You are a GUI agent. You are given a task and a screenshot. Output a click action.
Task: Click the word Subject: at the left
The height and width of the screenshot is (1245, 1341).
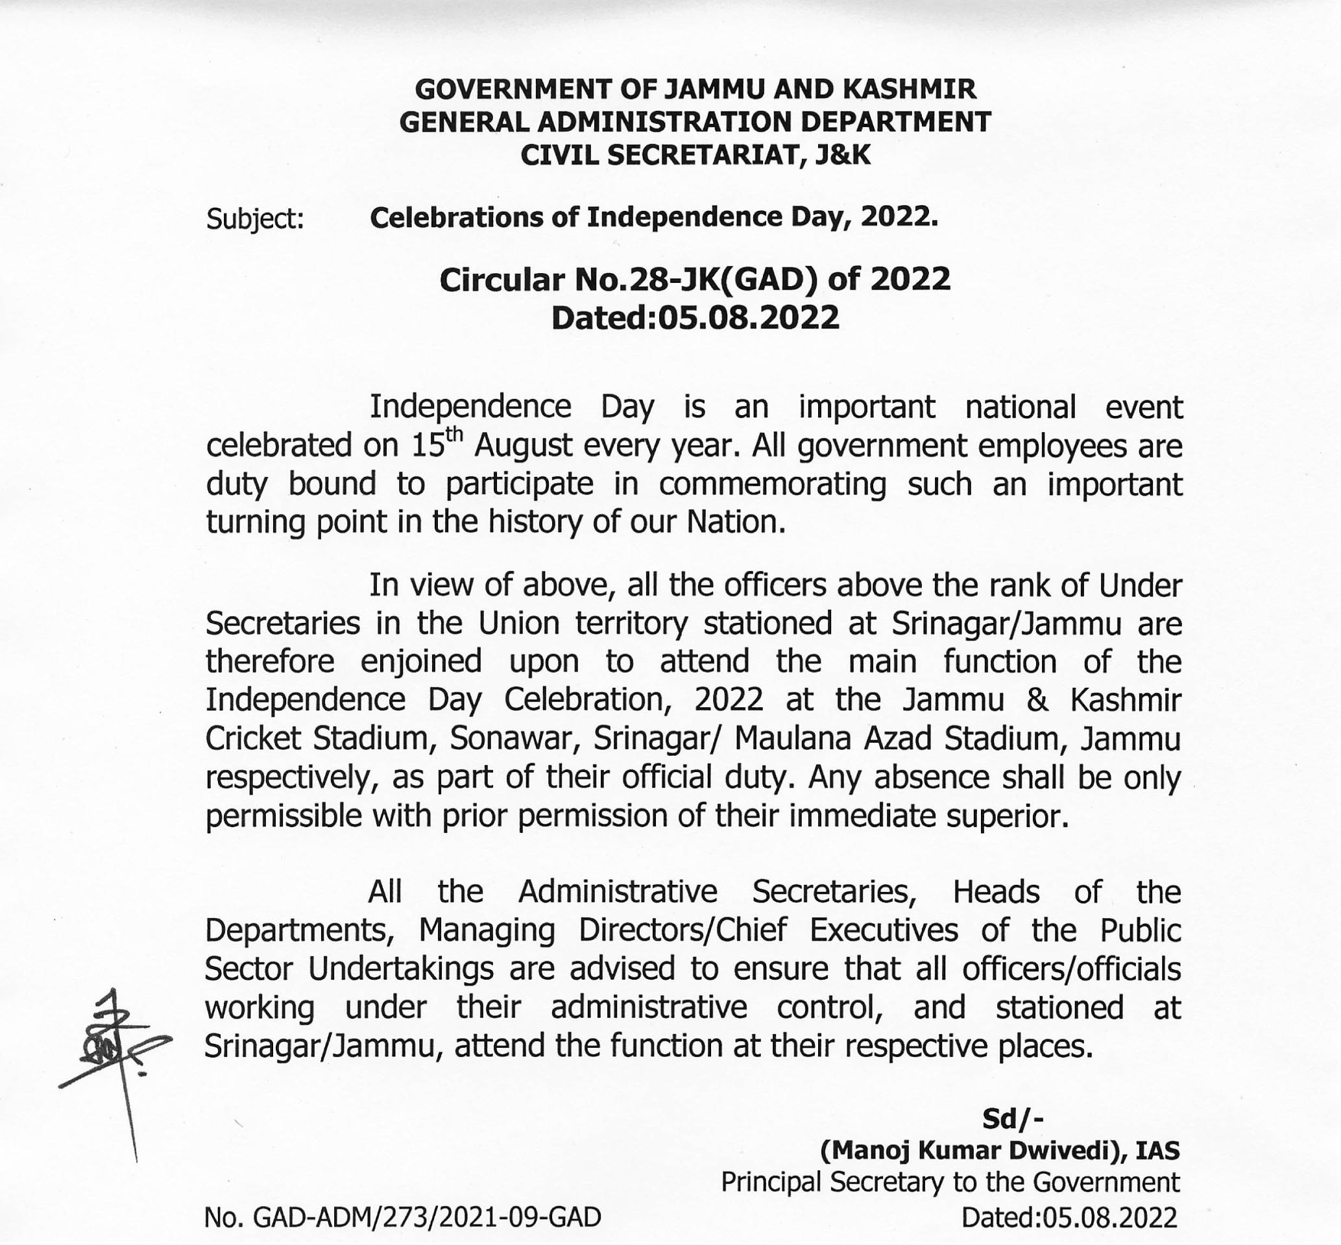[255, 219]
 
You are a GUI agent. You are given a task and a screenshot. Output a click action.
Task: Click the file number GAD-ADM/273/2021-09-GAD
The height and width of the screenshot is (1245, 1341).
[426, 1217]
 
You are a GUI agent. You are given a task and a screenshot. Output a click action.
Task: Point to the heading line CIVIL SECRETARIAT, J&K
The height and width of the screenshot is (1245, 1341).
[694, 156]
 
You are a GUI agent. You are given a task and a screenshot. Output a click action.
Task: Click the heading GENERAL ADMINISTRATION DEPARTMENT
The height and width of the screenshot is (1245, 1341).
[694, 122]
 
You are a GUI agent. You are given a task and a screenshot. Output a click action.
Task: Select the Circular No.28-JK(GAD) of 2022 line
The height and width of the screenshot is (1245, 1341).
[694, 279]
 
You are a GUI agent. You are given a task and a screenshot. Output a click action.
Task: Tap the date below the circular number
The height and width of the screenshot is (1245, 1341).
[694, 317]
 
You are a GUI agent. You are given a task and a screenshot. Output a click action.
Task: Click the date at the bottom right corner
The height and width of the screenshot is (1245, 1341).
[1070, 1217]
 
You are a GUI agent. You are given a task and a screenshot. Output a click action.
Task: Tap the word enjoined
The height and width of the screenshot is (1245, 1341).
[421, 662]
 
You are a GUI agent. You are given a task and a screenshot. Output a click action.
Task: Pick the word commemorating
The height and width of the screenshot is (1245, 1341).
[772, 485]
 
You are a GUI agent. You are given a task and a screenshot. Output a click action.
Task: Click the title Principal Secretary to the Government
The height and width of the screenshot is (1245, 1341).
[950, 1182]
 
